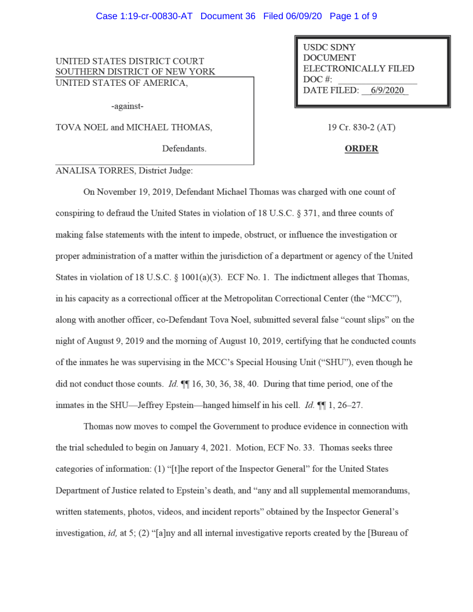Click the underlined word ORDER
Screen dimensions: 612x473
coord(361,149)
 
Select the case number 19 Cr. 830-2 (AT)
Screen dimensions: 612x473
coord(361,128)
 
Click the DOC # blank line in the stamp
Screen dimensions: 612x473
coord(377,80)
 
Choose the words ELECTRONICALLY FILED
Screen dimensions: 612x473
coord(358,69)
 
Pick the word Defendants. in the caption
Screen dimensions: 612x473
coord(184,149)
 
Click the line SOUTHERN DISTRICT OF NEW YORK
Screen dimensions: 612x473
coord(135,72)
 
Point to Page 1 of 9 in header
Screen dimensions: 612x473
coord(353,16)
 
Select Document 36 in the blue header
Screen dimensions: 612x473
coord(228,16)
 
